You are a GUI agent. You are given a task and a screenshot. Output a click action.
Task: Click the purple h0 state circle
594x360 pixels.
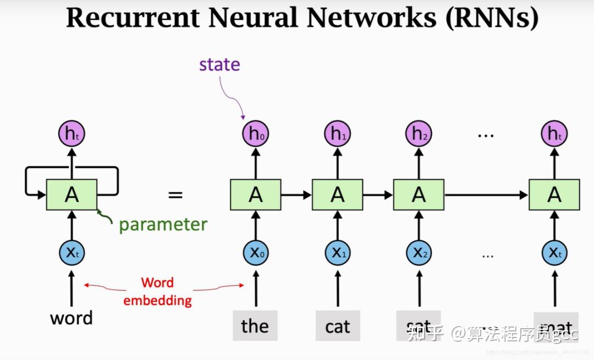[255, 134]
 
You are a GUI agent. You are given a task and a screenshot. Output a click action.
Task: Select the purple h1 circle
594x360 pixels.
[337, 134]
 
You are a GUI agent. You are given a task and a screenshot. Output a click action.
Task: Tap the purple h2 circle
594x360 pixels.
[419, 134]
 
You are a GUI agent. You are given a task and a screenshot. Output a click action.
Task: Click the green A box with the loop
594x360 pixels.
[71, 195]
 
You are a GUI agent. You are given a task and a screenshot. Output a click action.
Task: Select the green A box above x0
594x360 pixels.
[255, 195]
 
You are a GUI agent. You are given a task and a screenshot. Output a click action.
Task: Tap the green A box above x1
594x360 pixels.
[337, 195]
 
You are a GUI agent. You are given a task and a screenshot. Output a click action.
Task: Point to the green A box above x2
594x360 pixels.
[419, 195]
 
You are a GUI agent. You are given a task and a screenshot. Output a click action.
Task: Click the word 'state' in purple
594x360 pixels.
[219, 64]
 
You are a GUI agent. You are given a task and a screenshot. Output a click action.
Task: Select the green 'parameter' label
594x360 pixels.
[163, 224]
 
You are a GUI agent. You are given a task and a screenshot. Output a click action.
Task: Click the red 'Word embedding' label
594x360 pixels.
[157, 291]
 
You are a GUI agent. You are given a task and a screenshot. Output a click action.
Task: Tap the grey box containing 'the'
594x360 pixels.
[255, 326]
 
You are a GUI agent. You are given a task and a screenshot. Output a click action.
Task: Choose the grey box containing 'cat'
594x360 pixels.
[337, 326]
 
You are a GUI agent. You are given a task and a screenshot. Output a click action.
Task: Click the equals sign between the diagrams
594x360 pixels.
[175, 195]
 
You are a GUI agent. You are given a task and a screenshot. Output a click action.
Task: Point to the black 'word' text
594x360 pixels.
[71, 318]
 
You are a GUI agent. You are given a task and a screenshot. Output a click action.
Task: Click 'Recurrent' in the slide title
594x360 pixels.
[133, 18]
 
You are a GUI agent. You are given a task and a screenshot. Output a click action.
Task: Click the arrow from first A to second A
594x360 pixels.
[296, 195]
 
